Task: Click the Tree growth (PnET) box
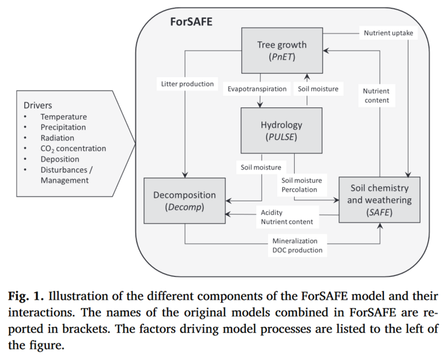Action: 281,51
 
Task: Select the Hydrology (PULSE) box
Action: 281,131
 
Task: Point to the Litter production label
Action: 187,84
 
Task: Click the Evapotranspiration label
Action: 257,89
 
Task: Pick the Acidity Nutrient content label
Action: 287,217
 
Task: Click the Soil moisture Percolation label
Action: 301,185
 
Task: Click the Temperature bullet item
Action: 63,116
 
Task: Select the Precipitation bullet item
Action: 63,127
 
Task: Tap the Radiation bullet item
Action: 57,137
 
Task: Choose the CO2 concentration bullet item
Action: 73,148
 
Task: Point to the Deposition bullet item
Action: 60,159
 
